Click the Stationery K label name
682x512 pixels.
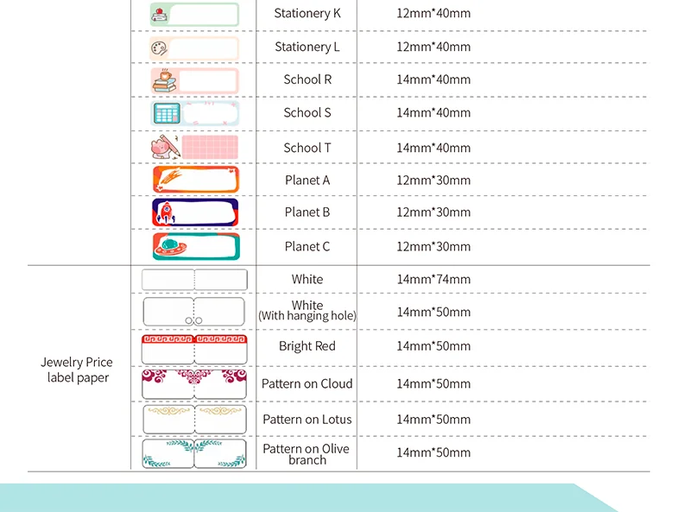click(306, 14)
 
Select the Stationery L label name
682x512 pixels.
click(306, 47)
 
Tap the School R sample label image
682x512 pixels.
click(194, 80)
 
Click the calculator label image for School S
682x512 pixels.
click(194, 113)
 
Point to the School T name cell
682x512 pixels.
click(306, 148)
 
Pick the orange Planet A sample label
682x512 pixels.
click(194, 180)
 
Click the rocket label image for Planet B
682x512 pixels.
click(194, 212)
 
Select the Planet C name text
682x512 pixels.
click(306, 246)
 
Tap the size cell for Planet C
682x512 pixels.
click(433, 246)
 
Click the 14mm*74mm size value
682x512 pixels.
click(433, 279)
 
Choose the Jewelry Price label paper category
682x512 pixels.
click(77, 370)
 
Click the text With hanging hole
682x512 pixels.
click(307, 316)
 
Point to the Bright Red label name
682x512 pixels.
click(306, 346)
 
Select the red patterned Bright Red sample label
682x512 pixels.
click(194, 346)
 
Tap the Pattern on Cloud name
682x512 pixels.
click(306, 383)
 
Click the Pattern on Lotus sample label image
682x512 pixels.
click(194, 419)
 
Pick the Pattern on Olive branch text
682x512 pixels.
click(306, 454)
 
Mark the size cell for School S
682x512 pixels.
click(433, 113)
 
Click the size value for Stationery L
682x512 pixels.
click(433, 47)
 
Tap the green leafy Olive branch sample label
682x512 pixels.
click(194, 453)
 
